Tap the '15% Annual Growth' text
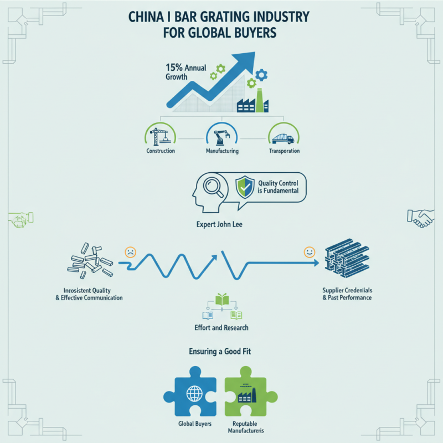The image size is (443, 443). point(185,72)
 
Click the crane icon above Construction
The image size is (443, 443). point(160,135)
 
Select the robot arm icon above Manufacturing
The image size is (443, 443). point(221,135)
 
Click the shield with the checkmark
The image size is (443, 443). point(244,187)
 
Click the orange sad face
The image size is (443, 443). point(130,251)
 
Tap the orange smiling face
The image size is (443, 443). point(309,253)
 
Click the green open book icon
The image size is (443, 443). point(221,300)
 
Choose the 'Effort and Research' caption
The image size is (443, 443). point(221,328)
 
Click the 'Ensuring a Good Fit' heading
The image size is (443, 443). point(221,351)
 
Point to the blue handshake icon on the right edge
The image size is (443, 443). point(420,218)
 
